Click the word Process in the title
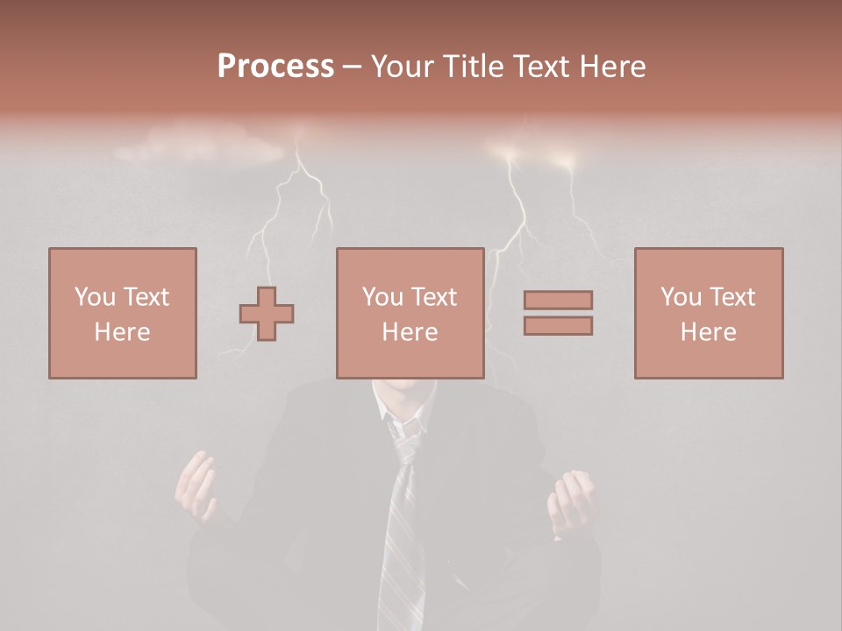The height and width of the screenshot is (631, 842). point(275,66)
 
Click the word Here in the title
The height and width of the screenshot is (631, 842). point(612,66)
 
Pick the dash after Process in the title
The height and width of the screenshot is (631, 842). point(352,67)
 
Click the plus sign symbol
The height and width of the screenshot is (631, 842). point(267,314)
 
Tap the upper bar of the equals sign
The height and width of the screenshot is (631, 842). point(558,300)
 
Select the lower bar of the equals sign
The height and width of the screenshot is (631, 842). point(558,326)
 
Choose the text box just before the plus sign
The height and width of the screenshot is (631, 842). point(123,313)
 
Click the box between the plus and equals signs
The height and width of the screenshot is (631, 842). point(410,313)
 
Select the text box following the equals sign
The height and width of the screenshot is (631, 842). point(709,313)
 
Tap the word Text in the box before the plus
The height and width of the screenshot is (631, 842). point(146,297)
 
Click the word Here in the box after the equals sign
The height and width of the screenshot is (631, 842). point(709,332)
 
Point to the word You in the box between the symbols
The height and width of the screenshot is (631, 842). point(382,297)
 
